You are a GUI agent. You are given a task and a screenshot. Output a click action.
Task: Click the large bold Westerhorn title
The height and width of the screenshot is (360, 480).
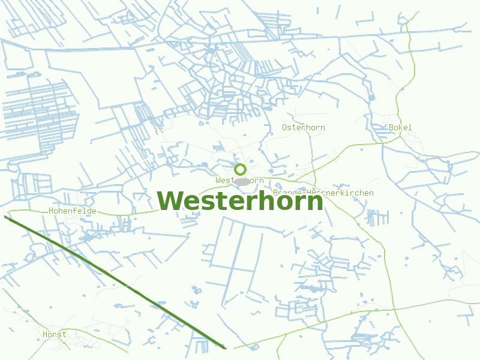pyautogui.click(x=240, y=201)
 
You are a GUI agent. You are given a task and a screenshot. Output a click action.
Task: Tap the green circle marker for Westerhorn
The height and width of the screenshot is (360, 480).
pyautogui.click(x=240, y=169)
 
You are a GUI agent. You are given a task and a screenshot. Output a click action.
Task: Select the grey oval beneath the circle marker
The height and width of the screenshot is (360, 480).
pyautogui.click(x=242, y=181)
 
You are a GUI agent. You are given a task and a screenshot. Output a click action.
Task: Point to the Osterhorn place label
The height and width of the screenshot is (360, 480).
pyautogui.click(x=304, y=127)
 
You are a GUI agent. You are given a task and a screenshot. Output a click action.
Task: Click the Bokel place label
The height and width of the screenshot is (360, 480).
pyautogui.click(x=400, y=127)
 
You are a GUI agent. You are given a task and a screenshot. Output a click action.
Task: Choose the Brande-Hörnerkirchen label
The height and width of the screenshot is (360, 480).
pyautogui.click(x=323, y=193)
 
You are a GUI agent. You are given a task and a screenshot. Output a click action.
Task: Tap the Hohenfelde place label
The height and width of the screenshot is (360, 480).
pyautogui.click(x=73, y=211)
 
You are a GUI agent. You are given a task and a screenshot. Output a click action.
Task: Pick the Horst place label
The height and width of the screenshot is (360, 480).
pyautogui.click(x=55, y=334)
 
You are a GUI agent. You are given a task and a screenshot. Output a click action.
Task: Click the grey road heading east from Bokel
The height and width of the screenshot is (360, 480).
pyautogui.click(x=444, y=157)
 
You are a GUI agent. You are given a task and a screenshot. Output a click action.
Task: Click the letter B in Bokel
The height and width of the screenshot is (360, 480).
pyautogui.click(x=391, y=127)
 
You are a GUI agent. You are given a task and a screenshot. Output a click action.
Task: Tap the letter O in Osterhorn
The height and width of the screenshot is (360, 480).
pyautogui.click(x=285, y=127)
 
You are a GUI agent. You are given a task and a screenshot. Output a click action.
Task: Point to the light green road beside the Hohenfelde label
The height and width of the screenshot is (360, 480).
pyautogui.click(x=120, y=213)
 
